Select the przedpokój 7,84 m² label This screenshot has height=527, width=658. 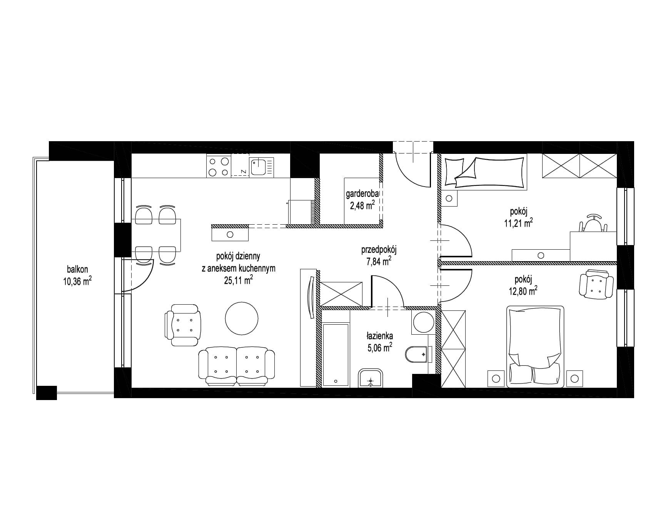[379, 255]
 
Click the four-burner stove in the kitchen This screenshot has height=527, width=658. [219, 165]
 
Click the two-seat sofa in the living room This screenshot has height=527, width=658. [236, 366]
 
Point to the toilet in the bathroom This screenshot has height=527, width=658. [417, 354]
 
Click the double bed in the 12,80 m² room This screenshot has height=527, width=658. [535, 347]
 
